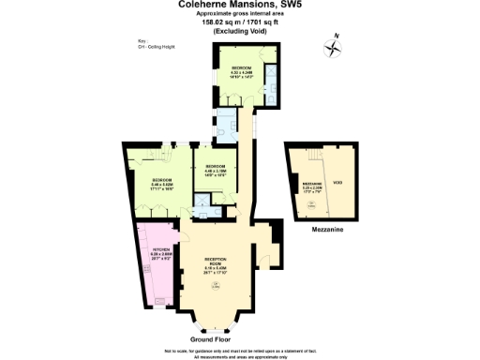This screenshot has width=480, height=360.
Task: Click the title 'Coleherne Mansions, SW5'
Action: click(x=240, y=5)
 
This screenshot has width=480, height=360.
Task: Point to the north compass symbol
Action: click(x=333, y=48)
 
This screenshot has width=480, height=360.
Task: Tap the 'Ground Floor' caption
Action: click(x=211, y=337)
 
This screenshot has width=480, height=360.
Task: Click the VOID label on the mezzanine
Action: click(x=336, y=183)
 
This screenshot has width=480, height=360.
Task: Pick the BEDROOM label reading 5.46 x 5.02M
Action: click(x=161, y=182)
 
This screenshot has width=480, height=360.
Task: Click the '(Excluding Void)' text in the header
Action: click(x=240, y=32)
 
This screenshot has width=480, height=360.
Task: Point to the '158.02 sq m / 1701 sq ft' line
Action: click(x=240, y=23)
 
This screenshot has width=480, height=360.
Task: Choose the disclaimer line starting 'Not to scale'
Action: click(x=240, y=349)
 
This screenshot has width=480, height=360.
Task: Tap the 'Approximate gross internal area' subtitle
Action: click(x=240, y=15)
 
